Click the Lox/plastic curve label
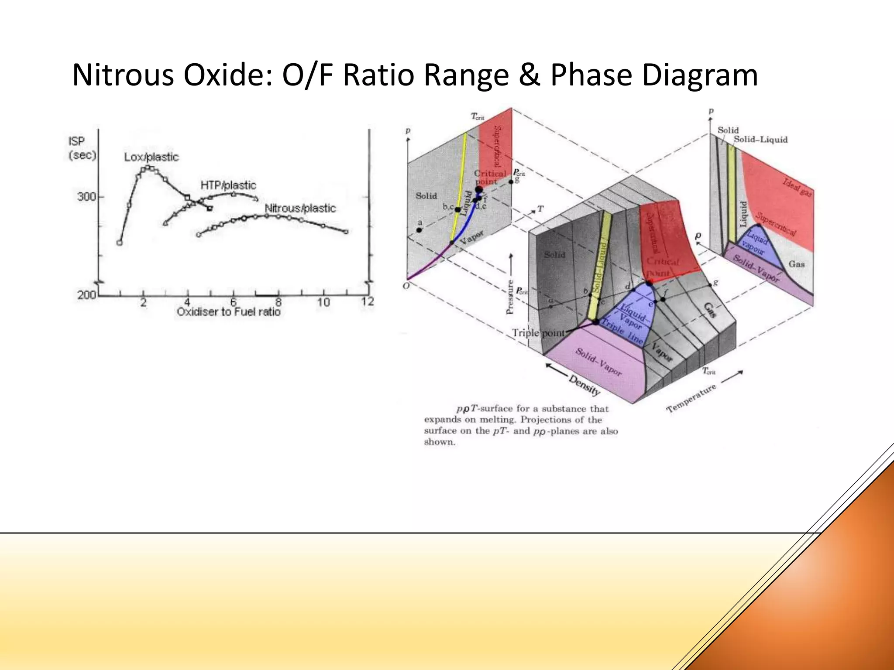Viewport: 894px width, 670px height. [x=151, y=157]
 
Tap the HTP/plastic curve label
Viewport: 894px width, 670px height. [x=228, y=185]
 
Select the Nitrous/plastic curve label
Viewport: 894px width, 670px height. [x=300, y=209]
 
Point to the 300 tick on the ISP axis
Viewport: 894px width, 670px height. [x=87, y=197]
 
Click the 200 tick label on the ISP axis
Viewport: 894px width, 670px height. [x=86, y=295]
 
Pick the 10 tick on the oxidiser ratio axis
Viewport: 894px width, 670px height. [x=323, y=302]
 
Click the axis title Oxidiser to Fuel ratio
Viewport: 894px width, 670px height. [x=228, y=312]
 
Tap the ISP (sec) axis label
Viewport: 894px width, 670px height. [x=82, y=148]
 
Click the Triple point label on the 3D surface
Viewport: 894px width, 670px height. [x=538, y=333]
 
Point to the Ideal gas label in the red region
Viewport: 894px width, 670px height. [x=797, y=188]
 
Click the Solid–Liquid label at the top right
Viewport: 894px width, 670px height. [x=760, y=140]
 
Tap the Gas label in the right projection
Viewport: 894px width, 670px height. [x=797, y=264]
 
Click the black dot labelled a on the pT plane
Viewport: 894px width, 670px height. [x=419, y=230]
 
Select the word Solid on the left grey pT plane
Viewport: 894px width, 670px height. [x=426, y=196]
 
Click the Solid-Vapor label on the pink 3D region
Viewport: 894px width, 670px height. [x=598, y=362]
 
